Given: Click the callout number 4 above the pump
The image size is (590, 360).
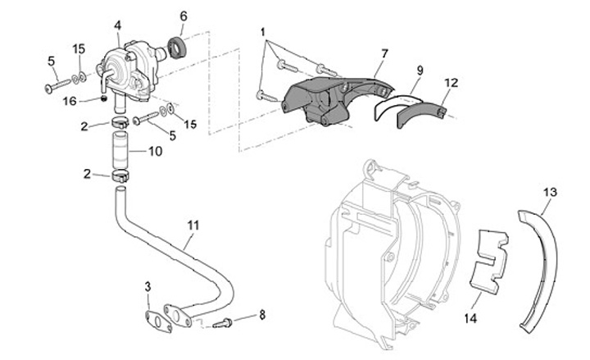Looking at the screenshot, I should [118, 26].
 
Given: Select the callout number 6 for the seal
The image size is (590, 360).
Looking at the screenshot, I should [183, 16].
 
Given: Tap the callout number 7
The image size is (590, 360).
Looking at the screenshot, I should [383, 53].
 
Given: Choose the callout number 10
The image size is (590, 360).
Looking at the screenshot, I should [156, 152].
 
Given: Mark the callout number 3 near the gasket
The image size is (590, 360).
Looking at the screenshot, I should [147, 286].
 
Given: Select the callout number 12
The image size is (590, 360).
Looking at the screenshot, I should [451, 82].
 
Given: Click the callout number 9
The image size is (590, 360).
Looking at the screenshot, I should [417, 71].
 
